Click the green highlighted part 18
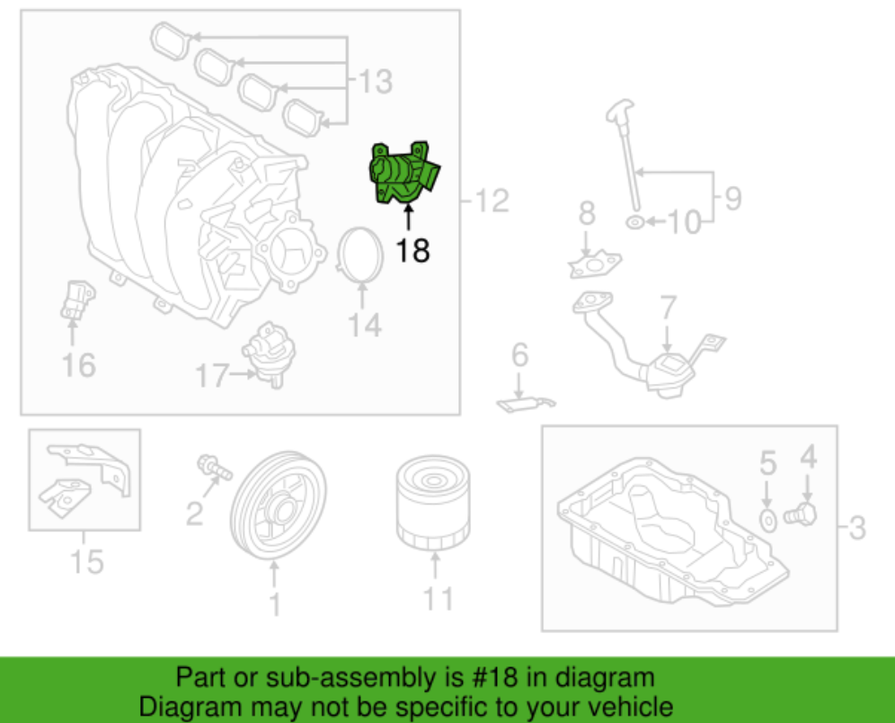(404, 173)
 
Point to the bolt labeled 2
(212, 467)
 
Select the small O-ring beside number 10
(633, 220)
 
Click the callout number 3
(856, 528)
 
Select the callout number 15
(87, 562)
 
